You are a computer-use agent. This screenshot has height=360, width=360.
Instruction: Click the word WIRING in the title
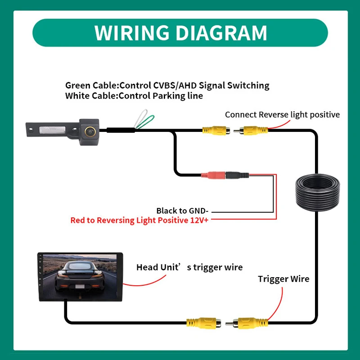(131, 33)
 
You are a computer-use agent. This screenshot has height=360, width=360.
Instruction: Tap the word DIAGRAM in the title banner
(221, 33)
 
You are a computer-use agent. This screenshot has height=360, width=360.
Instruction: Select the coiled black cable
(317, 193)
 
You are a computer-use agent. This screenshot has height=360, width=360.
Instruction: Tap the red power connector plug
(213, 175)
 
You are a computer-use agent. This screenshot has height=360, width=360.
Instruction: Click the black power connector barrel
(237, 175)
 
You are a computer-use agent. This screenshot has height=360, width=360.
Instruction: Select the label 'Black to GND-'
(182, 211)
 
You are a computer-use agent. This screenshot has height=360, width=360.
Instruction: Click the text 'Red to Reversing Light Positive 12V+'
(139, 220)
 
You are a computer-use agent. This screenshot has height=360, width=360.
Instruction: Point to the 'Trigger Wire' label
(283, 279)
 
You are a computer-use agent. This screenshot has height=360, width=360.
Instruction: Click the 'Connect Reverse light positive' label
(283, 115)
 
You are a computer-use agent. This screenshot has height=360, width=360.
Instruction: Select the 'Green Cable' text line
(167, 85)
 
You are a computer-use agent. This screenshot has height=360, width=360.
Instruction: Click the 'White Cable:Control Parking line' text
(134, 96)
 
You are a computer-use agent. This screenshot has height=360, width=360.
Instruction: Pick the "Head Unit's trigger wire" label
(189, 267)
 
